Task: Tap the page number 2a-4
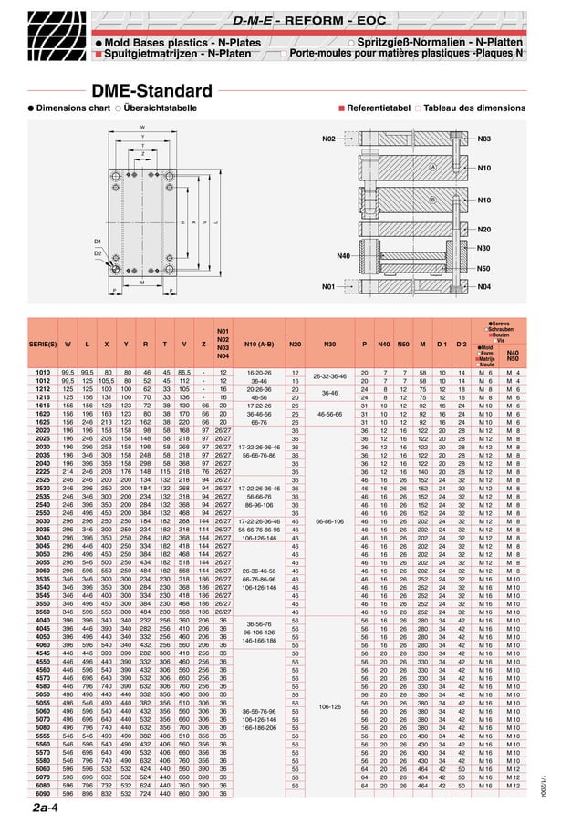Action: point(47,808)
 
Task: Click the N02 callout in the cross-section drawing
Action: point(329,139)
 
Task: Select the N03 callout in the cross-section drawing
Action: point(483,139)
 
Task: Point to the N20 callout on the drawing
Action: point(483,230)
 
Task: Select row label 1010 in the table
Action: point(43,373)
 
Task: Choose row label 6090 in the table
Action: point(43,793)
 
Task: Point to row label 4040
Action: point(43,619)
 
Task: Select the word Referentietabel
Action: point(379,108)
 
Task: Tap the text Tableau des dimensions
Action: point(474,108)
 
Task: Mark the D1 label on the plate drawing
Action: point(98,242)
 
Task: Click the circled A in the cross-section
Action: point(432,168)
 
